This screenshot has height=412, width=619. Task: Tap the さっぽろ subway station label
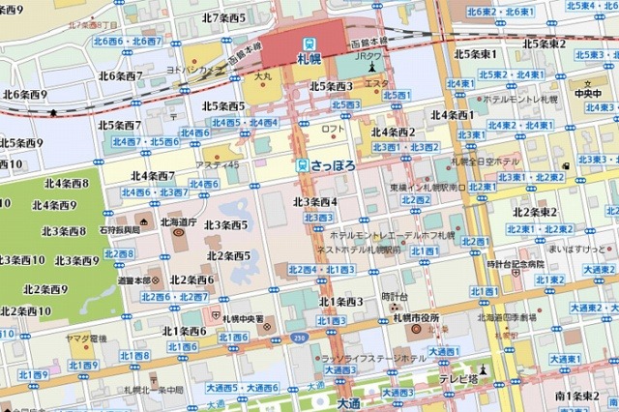tap(334, 165)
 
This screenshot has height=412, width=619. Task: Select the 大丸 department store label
tap(263, 74)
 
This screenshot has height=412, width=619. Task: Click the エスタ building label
tap(376, 85)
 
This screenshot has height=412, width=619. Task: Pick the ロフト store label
tap(333, 129)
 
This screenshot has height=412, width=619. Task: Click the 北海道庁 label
tap(178, 221)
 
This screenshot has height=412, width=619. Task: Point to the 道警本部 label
tap(135, 280)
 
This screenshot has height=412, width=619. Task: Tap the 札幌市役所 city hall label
tap(416, 318)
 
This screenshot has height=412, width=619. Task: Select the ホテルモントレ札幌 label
tap(524, 100)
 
